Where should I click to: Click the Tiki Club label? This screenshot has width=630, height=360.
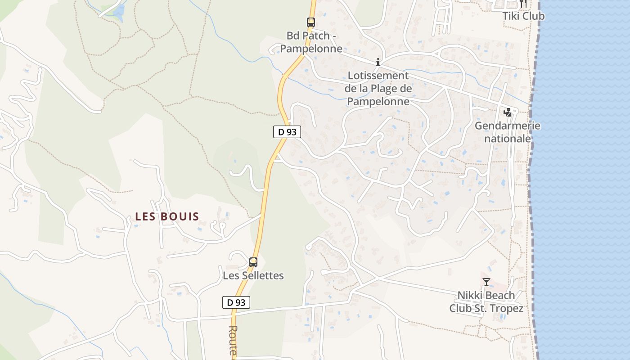[x=523, y=16]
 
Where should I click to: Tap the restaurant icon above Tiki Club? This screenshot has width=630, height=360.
[x=523, y=4]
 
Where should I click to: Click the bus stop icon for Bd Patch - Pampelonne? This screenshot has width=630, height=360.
[x=310, y=22]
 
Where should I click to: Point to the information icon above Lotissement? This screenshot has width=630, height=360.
[x=378, y=62]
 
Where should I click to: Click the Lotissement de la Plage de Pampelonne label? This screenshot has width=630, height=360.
[x=378, y=89]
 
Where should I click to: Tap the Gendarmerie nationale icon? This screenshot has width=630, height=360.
[x=508, y=112]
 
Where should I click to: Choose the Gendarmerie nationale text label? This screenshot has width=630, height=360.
[x=507, y=132]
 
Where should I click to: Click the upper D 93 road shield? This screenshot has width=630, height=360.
[x=287, y=132]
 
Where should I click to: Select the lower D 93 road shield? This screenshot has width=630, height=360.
[x=236, y=302]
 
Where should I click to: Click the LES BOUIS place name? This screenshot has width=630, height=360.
[x=167, y=216]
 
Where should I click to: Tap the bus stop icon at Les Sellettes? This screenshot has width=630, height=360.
[x=253, y=262]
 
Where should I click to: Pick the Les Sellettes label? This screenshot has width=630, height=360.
[x=253, y=275]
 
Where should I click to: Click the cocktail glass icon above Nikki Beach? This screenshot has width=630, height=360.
[x=486, y=282]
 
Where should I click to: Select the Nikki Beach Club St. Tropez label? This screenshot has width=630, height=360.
[x=486, y=302]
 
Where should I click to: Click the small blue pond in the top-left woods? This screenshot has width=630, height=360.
[x=119, y=12]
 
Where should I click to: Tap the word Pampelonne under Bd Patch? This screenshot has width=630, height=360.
[x=311, y=49]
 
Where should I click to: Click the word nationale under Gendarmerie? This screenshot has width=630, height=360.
[x=507, y=139]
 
